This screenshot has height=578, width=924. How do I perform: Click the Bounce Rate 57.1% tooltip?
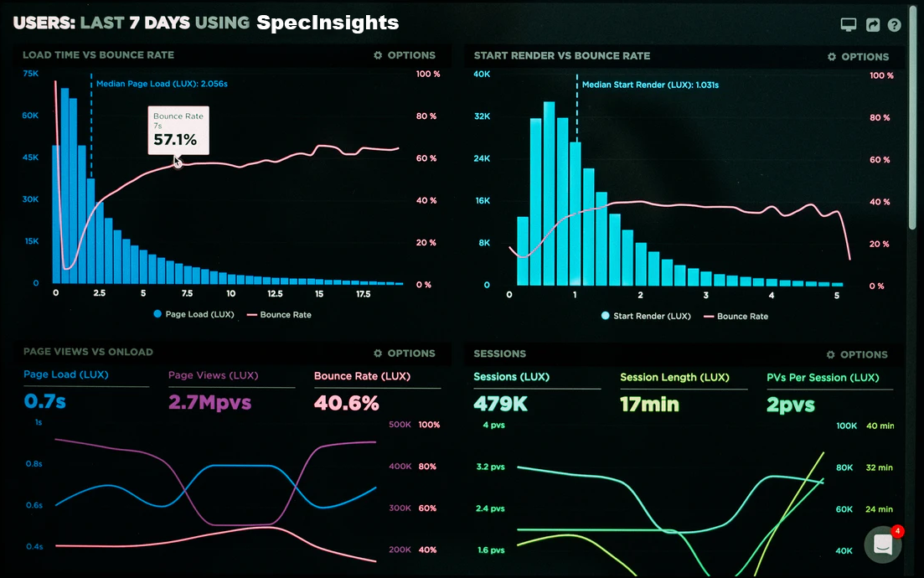tap(178, 130)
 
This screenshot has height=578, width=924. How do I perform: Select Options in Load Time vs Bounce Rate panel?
tap(405, 55)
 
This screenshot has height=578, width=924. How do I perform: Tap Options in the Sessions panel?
tap(857, 354)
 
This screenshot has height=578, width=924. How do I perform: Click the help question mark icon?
tap(894, 25)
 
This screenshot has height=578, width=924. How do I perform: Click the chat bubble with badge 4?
tap(882, 544)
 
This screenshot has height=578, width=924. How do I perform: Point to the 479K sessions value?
tap(500, 404)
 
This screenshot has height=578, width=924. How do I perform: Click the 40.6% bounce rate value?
tap(346, 403)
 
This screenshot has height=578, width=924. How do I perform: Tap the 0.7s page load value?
tap(44, 402)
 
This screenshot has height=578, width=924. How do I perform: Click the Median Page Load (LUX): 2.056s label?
tap(162, 84)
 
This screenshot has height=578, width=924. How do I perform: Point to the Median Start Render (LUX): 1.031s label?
tap(650, 85)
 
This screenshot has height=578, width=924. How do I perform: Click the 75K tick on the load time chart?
tap(31, 74)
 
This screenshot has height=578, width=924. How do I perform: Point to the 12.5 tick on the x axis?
tap(275, 294)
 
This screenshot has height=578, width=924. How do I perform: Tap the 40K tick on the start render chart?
tap(482, 75)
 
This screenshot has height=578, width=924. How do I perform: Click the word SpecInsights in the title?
tap(328, 23)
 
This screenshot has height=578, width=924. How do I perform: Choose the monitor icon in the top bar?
tap(849, 25)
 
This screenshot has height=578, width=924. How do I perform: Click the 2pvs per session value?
tap(790, 405)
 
